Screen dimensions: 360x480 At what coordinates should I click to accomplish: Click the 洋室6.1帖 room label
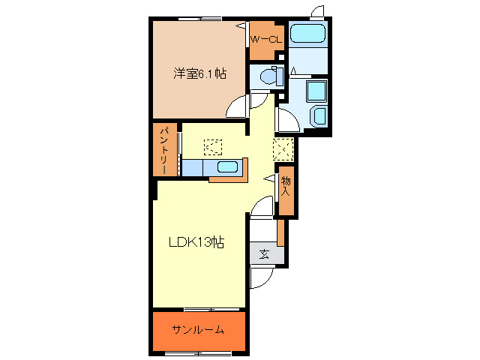pos(200,73)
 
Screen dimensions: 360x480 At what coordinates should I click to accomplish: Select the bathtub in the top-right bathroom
pos(307,34)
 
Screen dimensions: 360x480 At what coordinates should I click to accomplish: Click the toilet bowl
pos(267,76)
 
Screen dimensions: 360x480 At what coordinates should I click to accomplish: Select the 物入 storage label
pos(286,185)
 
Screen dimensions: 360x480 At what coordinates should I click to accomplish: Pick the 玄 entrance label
pos(264,253)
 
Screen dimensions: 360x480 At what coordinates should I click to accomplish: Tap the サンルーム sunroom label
pos(198,330)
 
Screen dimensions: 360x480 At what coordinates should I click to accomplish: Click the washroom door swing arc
pos(286,119)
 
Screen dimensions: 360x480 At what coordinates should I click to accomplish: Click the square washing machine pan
pos(315,90)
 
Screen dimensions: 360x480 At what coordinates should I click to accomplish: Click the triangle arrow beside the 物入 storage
pos(268,178)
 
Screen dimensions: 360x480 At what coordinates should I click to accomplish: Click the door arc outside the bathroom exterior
pos(318,11)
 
